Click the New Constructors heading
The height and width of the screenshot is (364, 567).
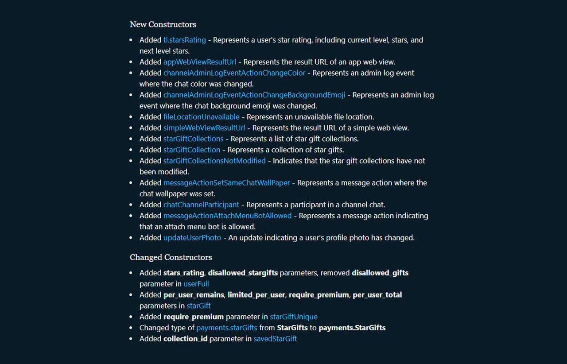coord(163,24)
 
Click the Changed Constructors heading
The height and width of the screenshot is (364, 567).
coord(171,257)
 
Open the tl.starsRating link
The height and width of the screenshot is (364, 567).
coord(184,40)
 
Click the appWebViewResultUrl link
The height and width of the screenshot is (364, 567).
coord(199,62)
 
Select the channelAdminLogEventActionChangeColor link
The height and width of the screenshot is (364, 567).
coord(234,73)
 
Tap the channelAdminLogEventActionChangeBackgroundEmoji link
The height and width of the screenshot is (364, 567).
coord(254,95)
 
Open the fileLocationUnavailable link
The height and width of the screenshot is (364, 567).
coord(201,117)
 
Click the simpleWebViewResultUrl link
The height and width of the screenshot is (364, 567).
coord(204,128)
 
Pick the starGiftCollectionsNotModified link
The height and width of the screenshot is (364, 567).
coord(214,161)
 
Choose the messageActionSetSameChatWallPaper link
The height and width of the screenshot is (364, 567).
coord(226,183)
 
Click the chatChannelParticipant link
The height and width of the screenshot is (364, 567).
coord(201,205)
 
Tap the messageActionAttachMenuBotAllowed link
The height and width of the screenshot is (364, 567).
coord(227,216)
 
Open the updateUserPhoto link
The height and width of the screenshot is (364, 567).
coord(192,238)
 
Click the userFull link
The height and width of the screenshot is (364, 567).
coord(196,284)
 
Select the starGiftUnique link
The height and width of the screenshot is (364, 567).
coord(293,317)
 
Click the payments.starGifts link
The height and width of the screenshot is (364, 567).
coord(226,328)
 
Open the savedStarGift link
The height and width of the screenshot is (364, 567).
coord(275,339)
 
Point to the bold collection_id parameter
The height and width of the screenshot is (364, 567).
coord(185,339)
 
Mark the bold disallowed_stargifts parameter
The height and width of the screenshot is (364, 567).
coord(243,273)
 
